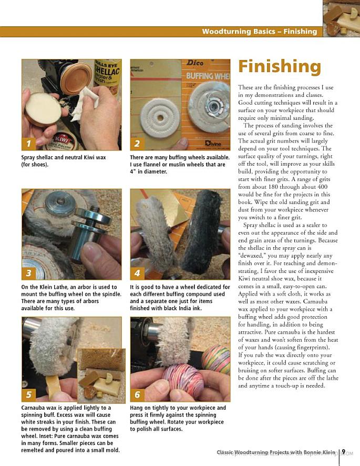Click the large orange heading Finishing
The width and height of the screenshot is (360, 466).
tap(280, 67)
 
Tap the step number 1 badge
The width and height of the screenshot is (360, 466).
tap(28, 144)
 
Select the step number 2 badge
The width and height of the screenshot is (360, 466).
tap(137, 144)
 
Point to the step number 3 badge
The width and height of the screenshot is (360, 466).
tap(28, 273)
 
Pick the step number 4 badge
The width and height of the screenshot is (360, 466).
tap(137, 273)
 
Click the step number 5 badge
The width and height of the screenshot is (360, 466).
tap(28, 394)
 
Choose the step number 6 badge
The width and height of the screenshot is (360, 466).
tap(137, 394)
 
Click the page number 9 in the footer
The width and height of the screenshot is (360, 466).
tap(343, 452)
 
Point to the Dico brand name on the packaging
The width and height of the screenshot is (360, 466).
tap(195, 63)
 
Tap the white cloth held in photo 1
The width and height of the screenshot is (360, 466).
tap(85, 103)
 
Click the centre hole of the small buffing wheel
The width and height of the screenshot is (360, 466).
tap(160, 118)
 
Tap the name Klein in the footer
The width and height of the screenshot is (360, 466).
tap(328, 452)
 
